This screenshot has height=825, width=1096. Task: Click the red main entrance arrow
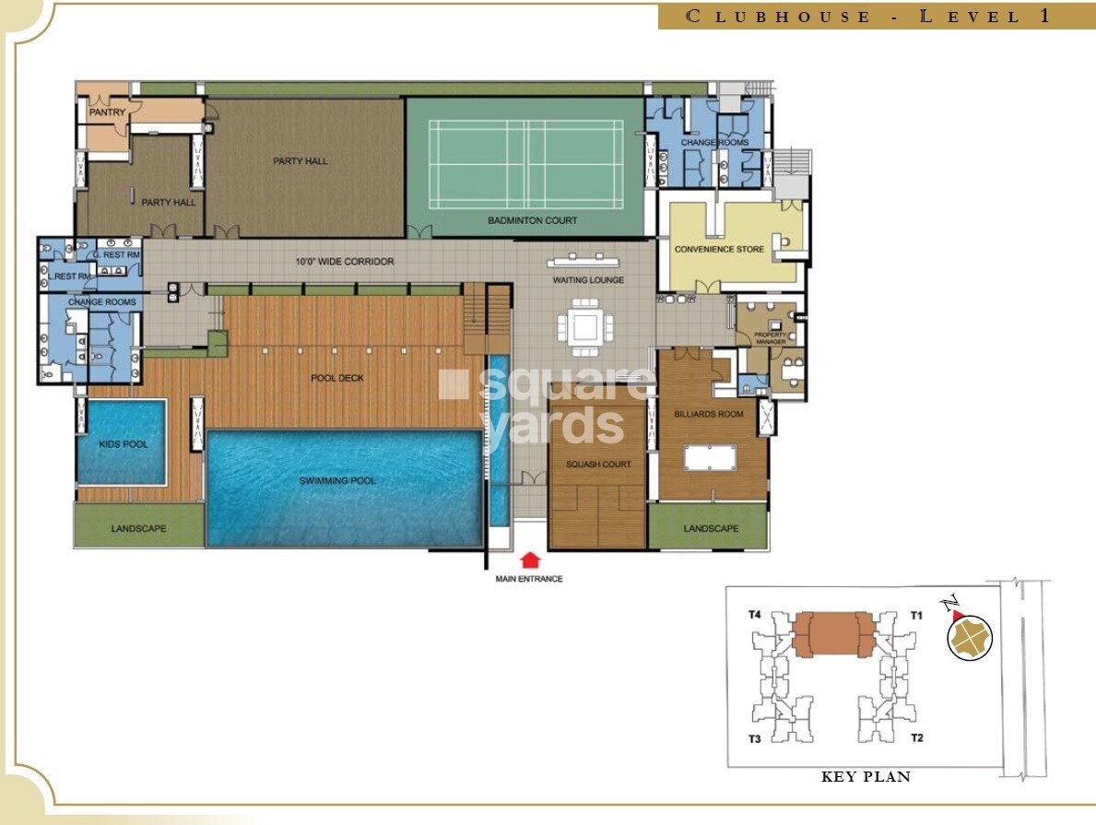tap(529, 560)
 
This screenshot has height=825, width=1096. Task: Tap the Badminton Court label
tap(533, 220)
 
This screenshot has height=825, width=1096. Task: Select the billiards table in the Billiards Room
tap(713, 456)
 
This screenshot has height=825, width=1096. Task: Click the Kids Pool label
tap(123, 444)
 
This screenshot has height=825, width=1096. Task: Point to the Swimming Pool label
tap(337, 480)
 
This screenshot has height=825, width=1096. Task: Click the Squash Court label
tap(598, 465)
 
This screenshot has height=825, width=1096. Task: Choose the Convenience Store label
tap(719, 249)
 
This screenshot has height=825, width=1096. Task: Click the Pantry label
tap(107, 112)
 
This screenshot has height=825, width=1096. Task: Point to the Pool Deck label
tap(337, 378)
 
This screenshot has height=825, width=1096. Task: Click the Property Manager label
tap(770, 337)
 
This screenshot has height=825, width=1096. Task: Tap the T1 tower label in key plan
tap(916, 614)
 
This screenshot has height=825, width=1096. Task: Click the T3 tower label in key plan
tap(754, 738)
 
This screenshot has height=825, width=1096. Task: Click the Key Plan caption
tap(866, 777)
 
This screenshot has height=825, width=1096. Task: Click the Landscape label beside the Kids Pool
tap(138, 528)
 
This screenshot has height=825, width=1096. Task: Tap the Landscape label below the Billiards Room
tap(711, 528)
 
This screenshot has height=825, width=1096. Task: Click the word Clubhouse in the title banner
tap(780, 17)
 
